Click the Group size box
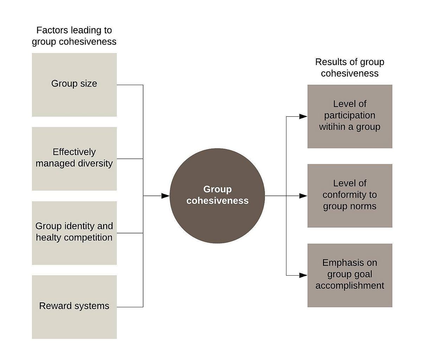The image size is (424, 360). tap(74, 85)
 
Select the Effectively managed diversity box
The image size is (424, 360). tap(74, 159)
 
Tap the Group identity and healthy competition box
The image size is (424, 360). tap(74, 233)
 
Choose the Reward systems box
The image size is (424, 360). tap(74, 307)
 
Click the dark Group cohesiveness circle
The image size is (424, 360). tap(217, 196)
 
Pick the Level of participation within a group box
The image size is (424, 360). tap(350, 116)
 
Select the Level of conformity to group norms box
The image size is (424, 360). tap(350, 195)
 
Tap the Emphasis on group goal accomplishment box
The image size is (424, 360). tap(350, 275)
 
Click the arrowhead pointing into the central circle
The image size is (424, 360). tap(165, 196)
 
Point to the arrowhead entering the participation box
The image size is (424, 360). tap(303, 116)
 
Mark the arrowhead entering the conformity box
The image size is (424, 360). tap(303, 196)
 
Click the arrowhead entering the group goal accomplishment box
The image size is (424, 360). tap(303, 275)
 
